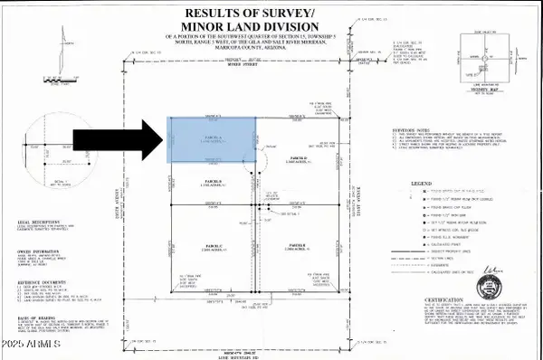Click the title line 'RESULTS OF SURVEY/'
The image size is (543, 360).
coord(263,13)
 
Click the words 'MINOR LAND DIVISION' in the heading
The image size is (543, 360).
coord(263,27)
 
